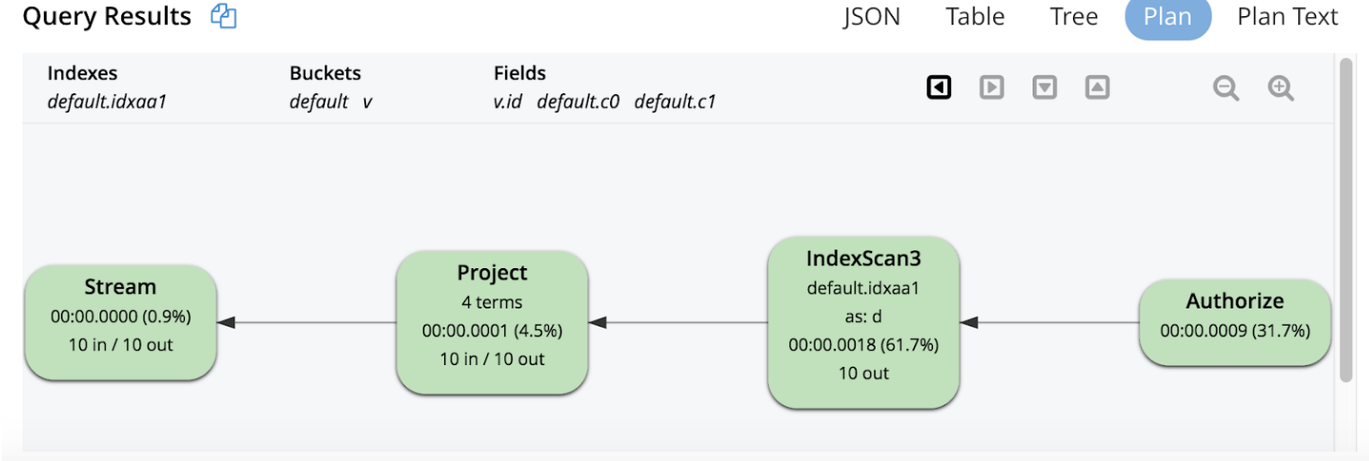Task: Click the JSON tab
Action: [x=871, y=16]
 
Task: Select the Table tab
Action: [x=975, y=16]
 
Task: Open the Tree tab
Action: [x=1074, y=16]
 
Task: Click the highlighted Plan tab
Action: [x=1167, y=16]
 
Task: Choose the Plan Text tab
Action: [x=1287, y=16]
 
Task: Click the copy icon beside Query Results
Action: [x=223, y=16]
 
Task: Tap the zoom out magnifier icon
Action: [x=1226, y=88]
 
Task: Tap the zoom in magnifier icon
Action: [x=1280, y=88]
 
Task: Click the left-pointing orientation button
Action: [x=938, y=88]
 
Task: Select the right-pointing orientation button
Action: [x=991, y=88]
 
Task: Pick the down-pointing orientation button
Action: [x=1044, y=88]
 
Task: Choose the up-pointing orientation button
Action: [x=1097, y=88]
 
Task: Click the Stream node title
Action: [x=120, y=287]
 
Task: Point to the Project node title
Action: [x=492, y=273]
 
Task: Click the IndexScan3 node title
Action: [x=863, y=259]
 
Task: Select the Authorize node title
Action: [x=1234, y=301]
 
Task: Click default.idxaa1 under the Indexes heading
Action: [x=107, y=102]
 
